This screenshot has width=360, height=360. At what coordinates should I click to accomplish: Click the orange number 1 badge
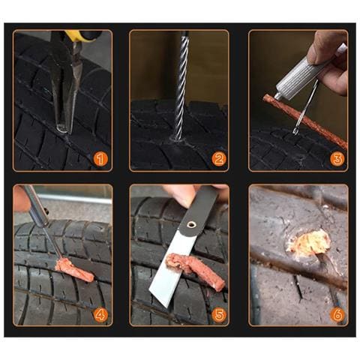tap(100, 158)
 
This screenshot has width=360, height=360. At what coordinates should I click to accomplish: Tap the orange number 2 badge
tap(218, 158)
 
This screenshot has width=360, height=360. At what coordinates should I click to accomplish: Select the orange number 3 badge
tap(337, 158)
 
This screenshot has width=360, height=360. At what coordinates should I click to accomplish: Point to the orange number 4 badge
tap(100, 313)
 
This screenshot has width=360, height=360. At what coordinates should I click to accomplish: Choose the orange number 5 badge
tap(218, 313)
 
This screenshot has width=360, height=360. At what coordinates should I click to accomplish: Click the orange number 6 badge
tap(337, 313)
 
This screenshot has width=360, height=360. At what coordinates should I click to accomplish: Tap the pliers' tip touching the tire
tap(61, 127)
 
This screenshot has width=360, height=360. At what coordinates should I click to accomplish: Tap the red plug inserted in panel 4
tap(74, 269)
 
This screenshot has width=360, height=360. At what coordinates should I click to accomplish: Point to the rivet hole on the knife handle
tap(194, 223)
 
